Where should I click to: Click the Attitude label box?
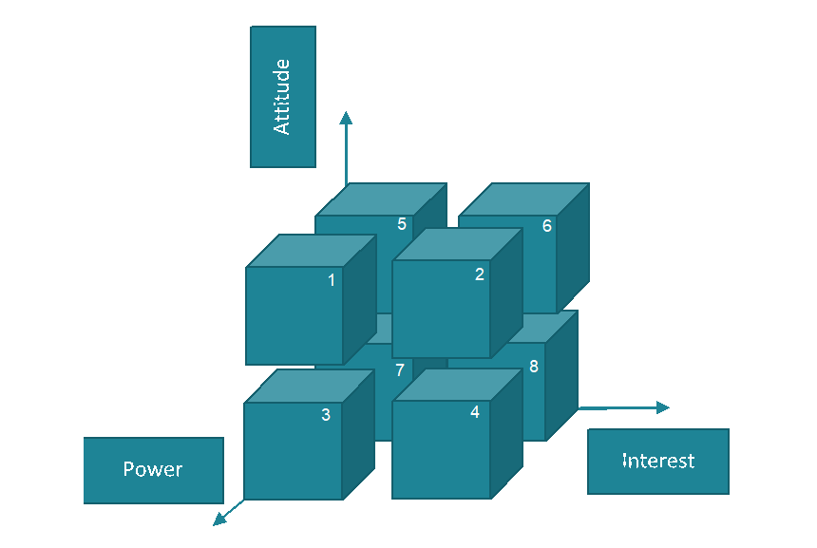283,97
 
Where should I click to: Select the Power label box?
153,470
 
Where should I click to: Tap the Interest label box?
658,462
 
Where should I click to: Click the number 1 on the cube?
332,280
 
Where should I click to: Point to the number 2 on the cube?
480,274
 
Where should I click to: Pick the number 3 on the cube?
326,415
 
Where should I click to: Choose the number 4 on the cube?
475,412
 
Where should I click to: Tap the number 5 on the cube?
402,224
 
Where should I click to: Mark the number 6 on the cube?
547,226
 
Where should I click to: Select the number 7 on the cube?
400,370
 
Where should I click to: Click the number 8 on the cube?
534,367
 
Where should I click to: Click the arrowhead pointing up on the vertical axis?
346,119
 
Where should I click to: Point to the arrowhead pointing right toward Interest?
662,407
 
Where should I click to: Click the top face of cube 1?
311,251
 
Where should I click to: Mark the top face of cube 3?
309,387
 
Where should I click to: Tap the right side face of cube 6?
573,249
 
